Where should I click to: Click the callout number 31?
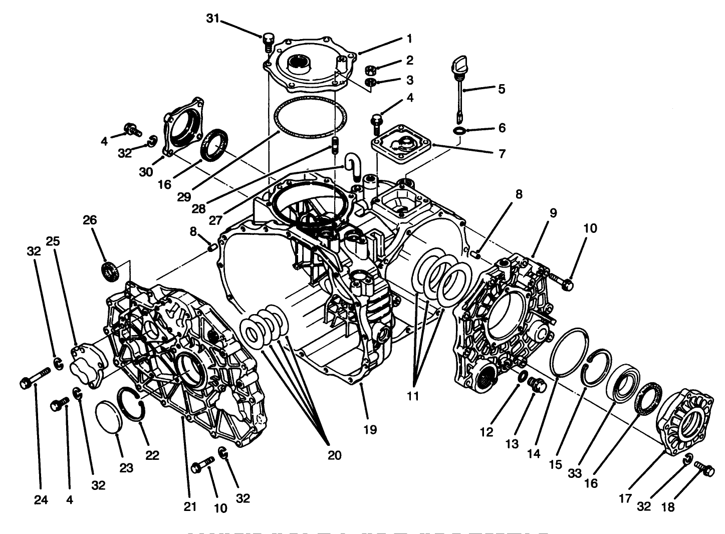[x=213, y=19]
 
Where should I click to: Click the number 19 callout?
[x=370, y=429]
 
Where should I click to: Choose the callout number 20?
[x=334, y=455]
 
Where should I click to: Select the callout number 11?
[x=412, y=396]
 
